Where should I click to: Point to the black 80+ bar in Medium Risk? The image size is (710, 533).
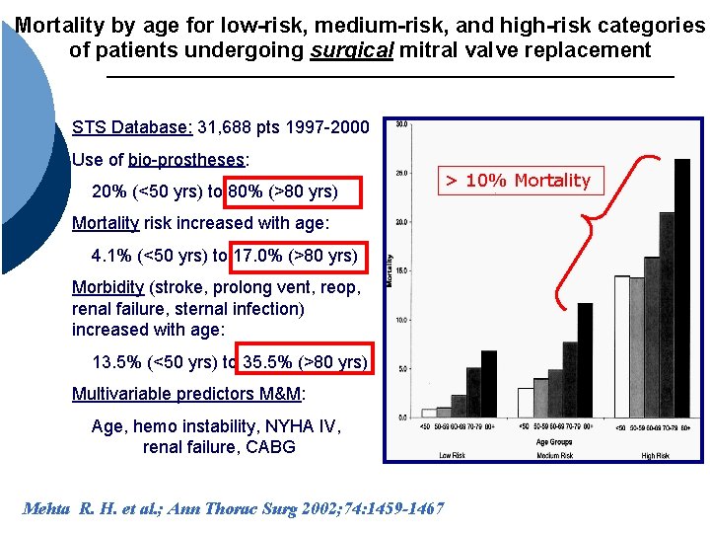coord(585,359)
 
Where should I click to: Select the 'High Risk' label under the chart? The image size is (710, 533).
coord(655,456)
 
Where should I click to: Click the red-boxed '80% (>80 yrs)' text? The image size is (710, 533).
coord(293,190)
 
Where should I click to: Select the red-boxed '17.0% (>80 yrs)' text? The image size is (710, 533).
coord(300,256)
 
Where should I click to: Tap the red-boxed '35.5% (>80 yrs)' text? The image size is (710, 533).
coord(304,361)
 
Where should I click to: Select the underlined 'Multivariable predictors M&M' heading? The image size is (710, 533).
coord(187,395)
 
